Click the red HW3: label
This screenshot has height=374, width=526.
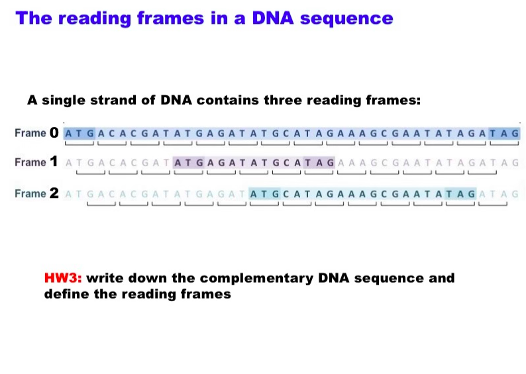point(63,278)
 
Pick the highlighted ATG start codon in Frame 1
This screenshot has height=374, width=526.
point(188,162)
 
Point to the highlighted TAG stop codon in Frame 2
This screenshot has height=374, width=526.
point(462,194)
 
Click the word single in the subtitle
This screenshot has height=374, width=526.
point(70,101)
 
